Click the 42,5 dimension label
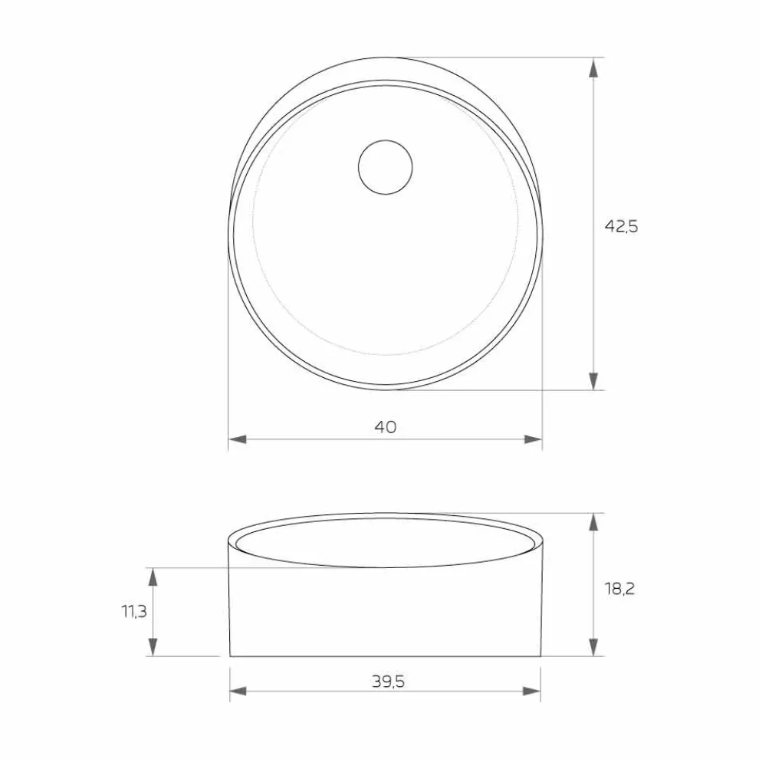621,226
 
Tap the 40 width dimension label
386,427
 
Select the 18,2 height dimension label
619,589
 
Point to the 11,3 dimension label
134,611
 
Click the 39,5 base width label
388,682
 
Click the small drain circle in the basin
386,167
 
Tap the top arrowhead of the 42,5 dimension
593,67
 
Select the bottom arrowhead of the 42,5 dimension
593,381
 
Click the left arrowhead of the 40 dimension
238,439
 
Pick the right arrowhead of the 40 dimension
533,439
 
